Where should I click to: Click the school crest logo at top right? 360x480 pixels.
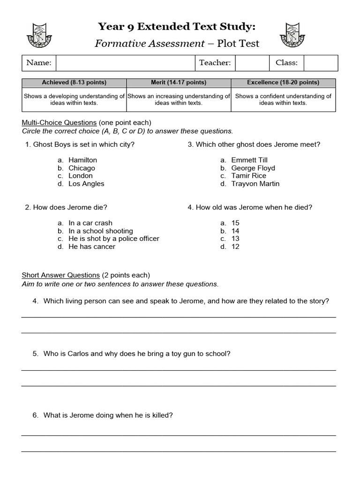295,35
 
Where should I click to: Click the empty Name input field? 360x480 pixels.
125,63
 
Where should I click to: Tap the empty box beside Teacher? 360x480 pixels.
252,63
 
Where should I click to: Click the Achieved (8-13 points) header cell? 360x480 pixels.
74,82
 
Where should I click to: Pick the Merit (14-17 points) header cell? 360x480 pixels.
179,82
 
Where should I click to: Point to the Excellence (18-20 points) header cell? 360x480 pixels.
283,82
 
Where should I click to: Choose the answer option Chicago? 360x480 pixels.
82,168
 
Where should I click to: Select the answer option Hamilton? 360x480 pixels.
82,160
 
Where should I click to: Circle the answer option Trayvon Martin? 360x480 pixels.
255,184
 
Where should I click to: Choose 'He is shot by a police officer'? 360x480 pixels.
114,239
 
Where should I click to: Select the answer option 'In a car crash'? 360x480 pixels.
90,223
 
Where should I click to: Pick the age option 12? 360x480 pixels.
235,247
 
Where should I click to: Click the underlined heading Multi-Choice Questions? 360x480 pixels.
59,123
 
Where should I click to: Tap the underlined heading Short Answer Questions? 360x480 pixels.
61,275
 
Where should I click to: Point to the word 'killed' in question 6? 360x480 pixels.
162,415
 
